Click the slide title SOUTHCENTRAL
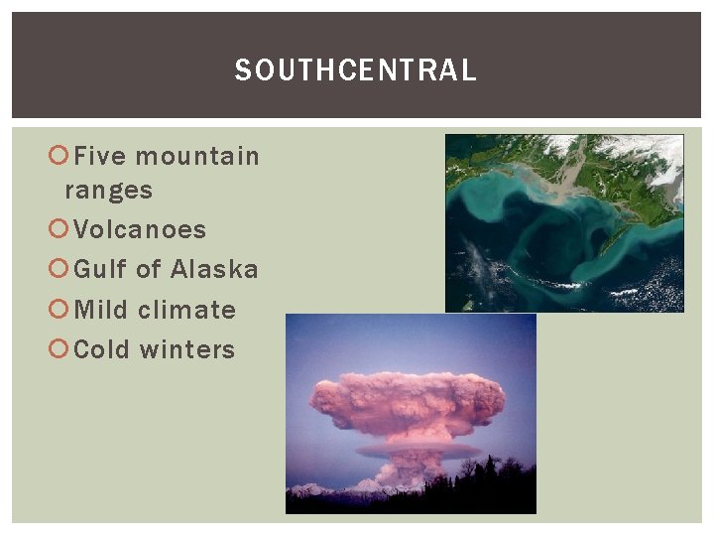click(355, 70)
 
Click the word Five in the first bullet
click(100, 156)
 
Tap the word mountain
click(197, 156)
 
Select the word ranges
click(109, 190)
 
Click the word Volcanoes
click(140, 229)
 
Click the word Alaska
click(214, 269)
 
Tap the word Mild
click(101, 310)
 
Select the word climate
click(187, 310)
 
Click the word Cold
click(103, 349)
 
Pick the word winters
click(187, 349)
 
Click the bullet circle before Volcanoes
click(59, 230)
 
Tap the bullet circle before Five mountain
click(59, 157)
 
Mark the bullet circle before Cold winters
click(59, 350)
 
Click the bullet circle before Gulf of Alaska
click(59, 270)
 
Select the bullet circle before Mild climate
click(59, 311)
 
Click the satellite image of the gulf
click(563, 223)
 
